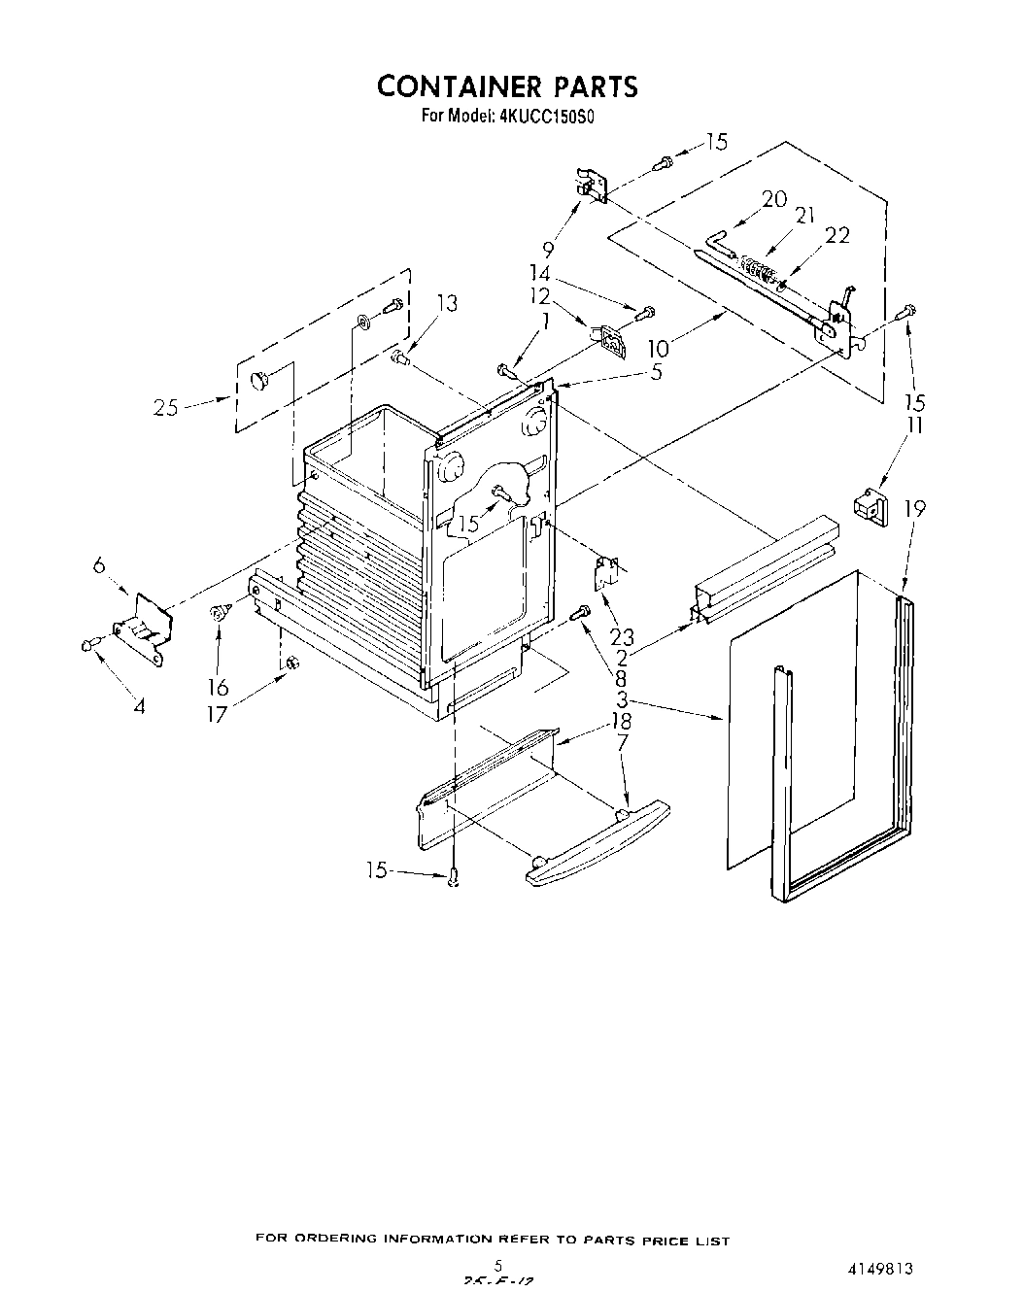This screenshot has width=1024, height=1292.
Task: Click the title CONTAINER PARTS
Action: (507, 86)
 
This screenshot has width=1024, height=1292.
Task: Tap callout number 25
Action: (166, 408)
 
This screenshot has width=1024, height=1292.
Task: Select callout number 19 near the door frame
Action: (914, 508)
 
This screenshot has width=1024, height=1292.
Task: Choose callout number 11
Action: (915, 425)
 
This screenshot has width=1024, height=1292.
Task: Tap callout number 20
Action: (774, 199)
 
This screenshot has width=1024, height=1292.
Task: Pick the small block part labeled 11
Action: (870, 506)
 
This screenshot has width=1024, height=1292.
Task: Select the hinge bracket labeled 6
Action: (143, 628)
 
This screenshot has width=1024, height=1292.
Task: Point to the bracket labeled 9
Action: (592, 186)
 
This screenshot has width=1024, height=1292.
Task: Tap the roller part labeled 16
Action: (219, 614)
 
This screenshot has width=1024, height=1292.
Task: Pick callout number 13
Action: (446, 303)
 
